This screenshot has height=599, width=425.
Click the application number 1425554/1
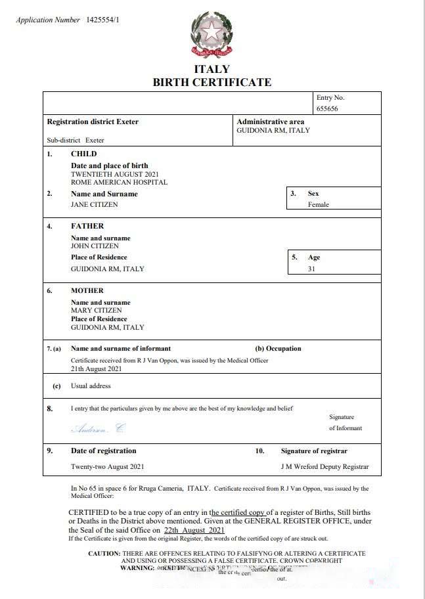pyautogui.click(x=102, y=20)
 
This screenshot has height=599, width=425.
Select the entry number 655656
pyautogui.click(x=327, y=109)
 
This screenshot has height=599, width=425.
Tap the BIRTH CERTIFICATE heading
pyautogui.click(x=212, y=82)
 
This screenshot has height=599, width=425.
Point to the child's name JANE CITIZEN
pyautogui.click(x=94, y=204)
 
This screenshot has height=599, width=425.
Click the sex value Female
pyautogui.click(x=319, y=204)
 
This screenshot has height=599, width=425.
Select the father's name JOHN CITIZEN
pyautogui.click(x=95, y=246)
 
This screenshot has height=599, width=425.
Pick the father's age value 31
pyautogui.click(x=311, y=269)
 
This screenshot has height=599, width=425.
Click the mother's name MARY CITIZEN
pyautogui.click(x=96, y=310)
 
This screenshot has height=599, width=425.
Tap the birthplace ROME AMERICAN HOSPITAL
pyautogui.click(x=119, y=182)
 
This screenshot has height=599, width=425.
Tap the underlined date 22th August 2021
pyautogui.click(x=194, y=530)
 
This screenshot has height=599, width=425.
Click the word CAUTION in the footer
pyautogui.click(x=104, y=554)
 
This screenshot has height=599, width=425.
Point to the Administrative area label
pyautogui.click(x=270, y=122)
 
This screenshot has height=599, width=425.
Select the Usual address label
pyautogui.click(x=91, y=386)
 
